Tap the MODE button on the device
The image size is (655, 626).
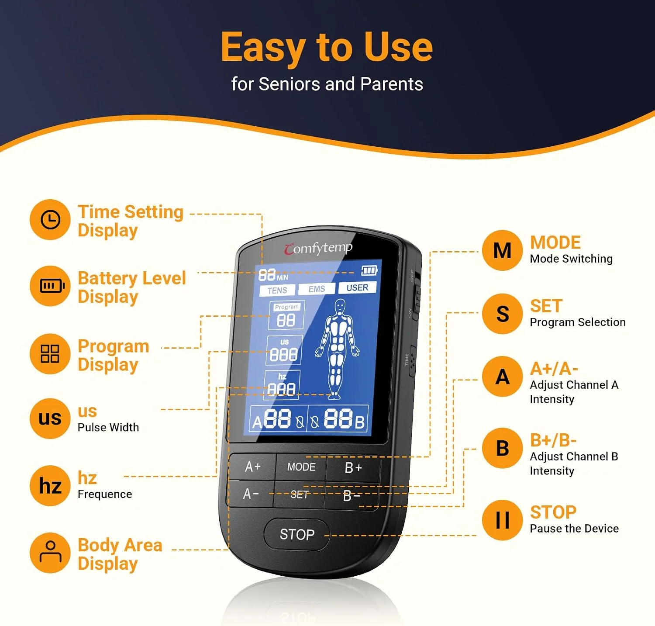pyautogui.click(x=301, y=467)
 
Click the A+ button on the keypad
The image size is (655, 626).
pyautogui.click(x=252, y=467)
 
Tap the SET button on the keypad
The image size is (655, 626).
pyautogui.click(x=300, y=495)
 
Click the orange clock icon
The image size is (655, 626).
pyautogui.click(x=50, y=220)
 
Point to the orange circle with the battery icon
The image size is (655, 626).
pyautogui.click(x=50, y=286)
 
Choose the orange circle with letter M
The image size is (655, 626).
pyautogui.click(x=503, y=250)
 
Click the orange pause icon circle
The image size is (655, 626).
pyautogui.click(x=503, y=520)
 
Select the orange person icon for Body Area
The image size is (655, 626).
pyautogui.click(x=50, y=553)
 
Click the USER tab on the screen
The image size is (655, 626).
pyautogui.click(x=357, y=287)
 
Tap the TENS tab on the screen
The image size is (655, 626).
pyautogui.click(x=277, y=291)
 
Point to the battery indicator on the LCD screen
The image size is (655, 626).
pyautogui.click(x=369, y=271)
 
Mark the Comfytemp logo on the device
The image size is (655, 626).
pyautogui.click(x=318, y=248)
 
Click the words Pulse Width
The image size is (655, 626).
pyautogui.click(x=108, y=427)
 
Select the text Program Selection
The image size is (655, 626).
pyautogui.click(x=578, y=322)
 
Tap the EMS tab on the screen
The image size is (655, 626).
pyautogui.click(x=317, y=289)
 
